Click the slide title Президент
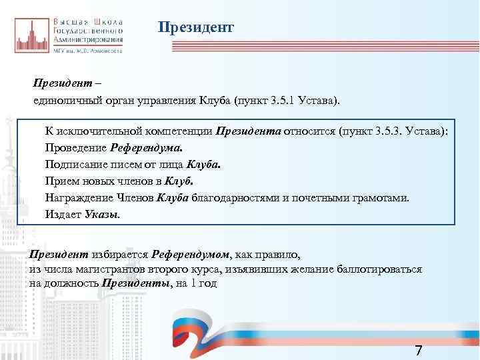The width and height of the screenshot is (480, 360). click(196, 27)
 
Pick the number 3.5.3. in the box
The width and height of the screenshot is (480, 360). click(389, 131)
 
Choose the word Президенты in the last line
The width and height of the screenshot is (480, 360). click(136, 283)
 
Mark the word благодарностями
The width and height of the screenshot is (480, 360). click(235, 197)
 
